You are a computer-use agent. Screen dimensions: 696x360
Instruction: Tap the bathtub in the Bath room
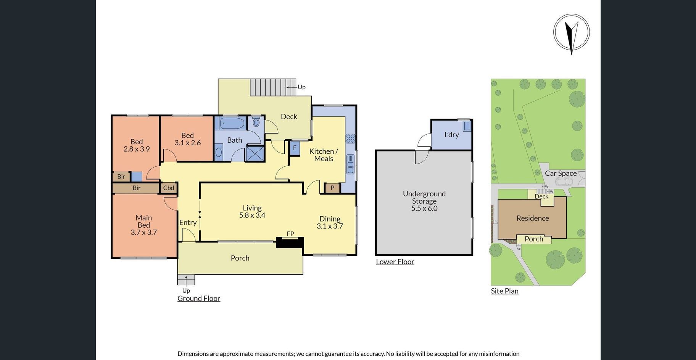coord(232,123)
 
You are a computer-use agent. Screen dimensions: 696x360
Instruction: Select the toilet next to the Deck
coord(256,122)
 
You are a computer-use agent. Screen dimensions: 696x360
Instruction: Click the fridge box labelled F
coord(295,148)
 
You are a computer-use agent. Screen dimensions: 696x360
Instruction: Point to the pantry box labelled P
coord(332,188)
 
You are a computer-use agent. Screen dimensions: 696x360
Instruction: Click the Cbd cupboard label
coord(169,188)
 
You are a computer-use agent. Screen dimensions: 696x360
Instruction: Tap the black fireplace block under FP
coord(290,243)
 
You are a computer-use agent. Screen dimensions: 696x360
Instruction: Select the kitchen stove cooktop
coord(351,138)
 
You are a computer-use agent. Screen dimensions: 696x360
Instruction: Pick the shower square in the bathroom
coord(254,153)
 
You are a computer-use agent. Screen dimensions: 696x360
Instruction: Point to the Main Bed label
coord(144,221)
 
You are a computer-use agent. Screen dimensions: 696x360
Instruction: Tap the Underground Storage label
coord(424,197)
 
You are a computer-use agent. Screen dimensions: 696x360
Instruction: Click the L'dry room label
coord(451,135)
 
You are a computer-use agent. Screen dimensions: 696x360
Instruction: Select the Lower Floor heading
coord(395,262)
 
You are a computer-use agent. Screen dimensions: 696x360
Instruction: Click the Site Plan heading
coord(504,291)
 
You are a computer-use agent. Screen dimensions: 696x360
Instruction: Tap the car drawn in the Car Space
coord(564,181)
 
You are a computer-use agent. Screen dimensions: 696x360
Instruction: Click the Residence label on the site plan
coord(533,218)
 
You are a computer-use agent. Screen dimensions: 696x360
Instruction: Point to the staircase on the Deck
coord(273,87)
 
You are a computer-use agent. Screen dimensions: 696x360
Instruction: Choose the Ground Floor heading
coord(199,298)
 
